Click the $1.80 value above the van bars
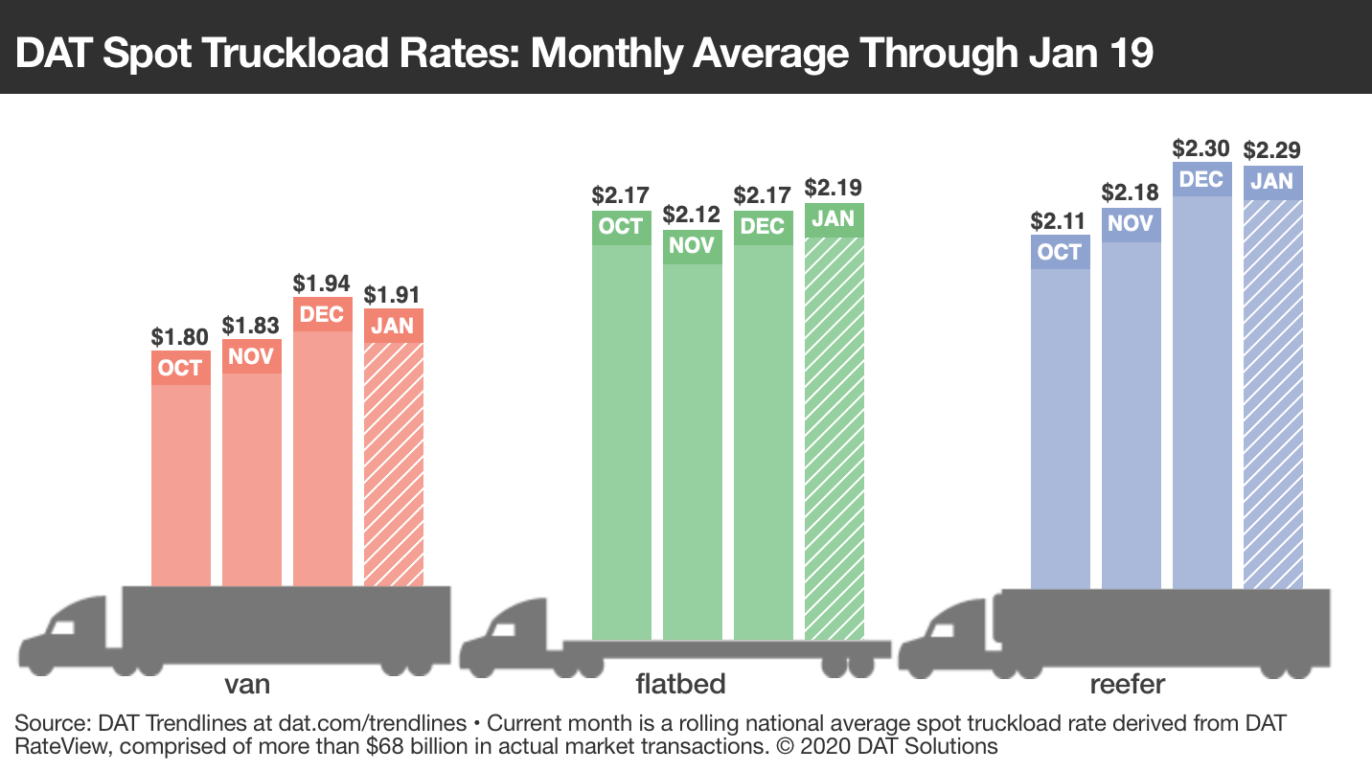[180, 337]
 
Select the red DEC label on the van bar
[322, 315]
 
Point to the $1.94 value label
[322, 283]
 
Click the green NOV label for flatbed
[692, 246]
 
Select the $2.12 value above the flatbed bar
[692, 214]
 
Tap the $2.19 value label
[834, 187]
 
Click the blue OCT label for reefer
[1060, 253]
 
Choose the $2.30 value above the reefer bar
[1202, 148]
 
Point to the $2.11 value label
[1060, 221]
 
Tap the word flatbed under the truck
[680, 684]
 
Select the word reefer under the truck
[1127, 684]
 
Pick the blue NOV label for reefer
[1132, 225]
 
